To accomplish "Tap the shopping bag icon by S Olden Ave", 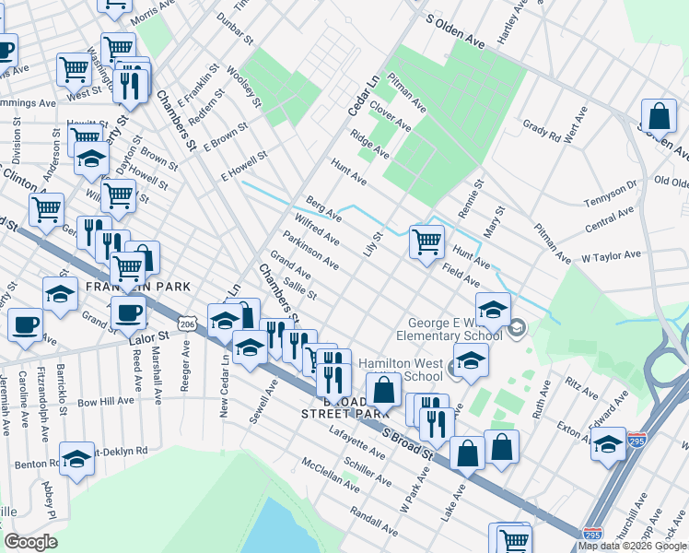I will (x=659, y=117).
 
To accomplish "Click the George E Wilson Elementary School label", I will (x=457, y=330).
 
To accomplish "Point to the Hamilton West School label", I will (x=401, y=370).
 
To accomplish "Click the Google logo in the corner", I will (x=30, y=542).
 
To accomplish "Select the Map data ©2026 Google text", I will (x=632, y=546).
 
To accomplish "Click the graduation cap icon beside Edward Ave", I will (x=608, y=443).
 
